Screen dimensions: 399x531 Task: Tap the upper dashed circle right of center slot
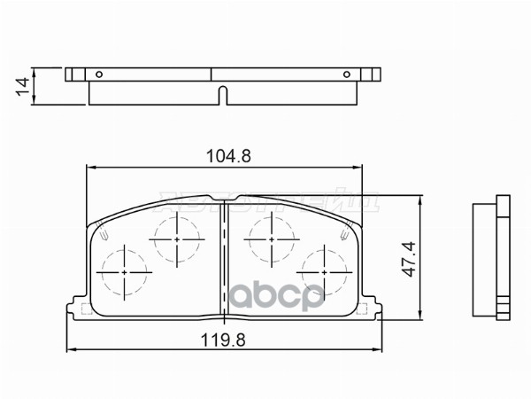[x=271, y=238]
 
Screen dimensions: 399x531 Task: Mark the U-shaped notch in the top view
[x=224, y=93]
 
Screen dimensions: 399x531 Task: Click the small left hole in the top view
[x=100, y=74]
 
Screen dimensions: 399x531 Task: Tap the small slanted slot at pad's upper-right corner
[x=342, y=235]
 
